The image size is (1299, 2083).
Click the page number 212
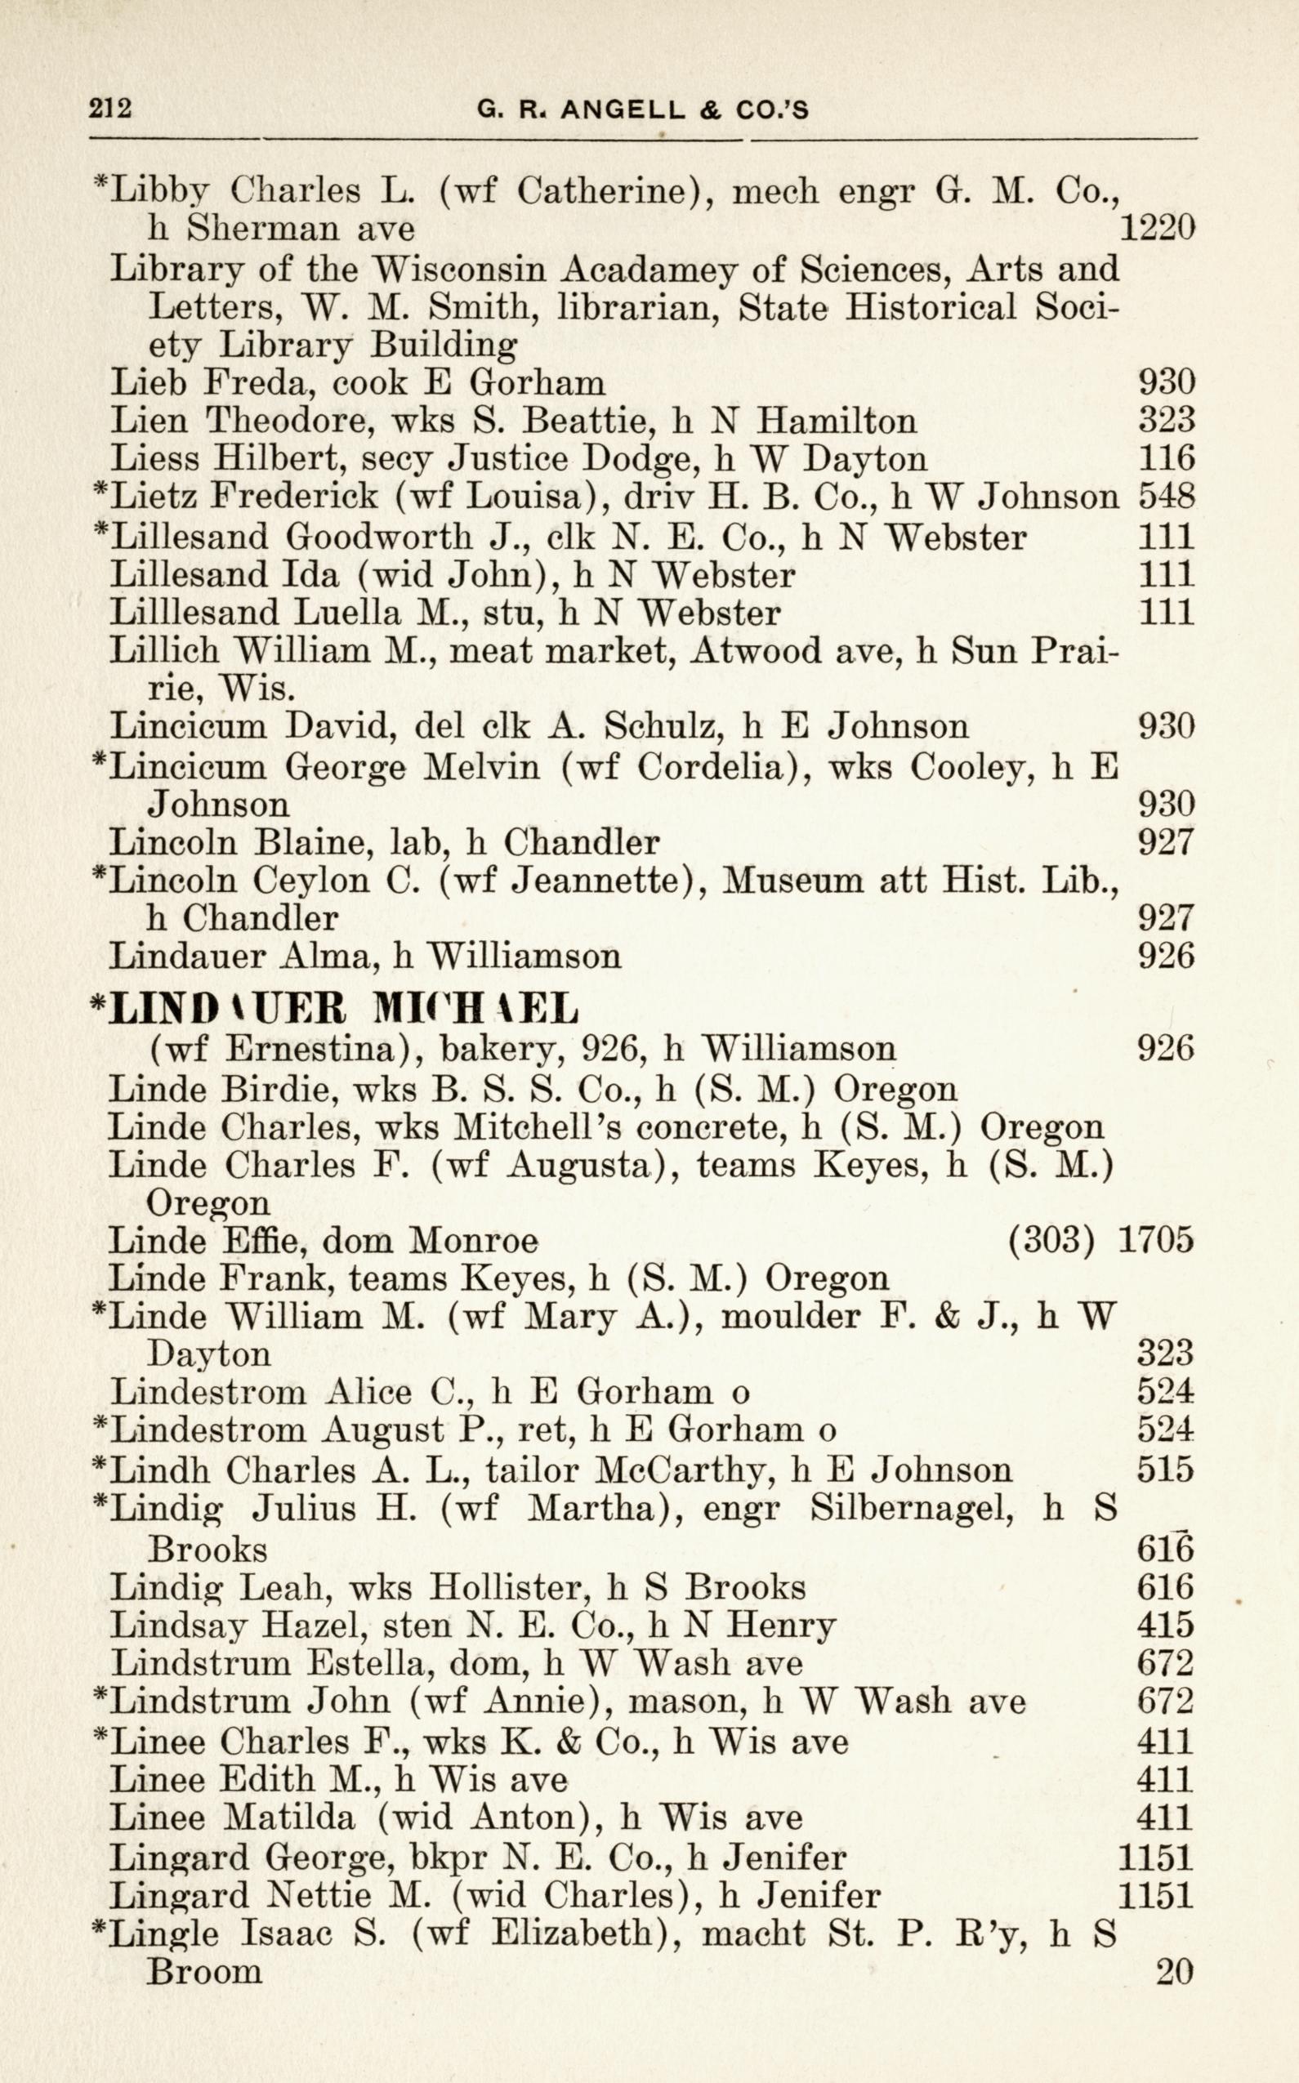point(109,110)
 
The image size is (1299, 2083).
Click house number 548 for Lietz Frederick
point(1166,496)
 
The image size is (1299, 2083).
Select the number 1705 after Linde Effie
point(1155,1240)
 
